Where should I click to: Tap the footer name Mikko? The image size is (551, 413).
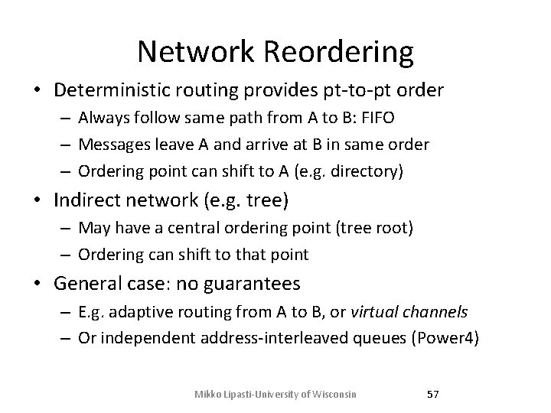[x=208, y=393]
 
